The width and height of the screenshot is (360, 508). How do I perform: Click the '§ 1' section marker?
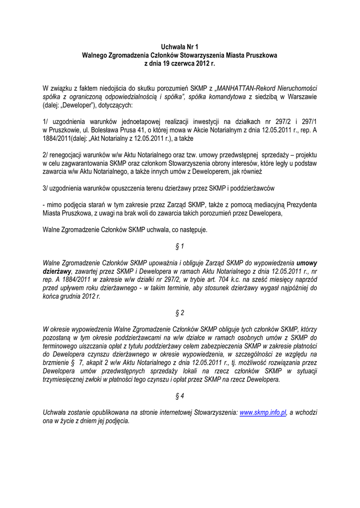(x=180, y=246)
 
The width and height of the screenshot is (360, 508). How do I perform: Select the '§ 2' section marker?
(x=180, y=313)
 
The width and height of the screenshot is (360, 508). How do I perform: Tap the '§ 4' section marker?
(x=180, y=396)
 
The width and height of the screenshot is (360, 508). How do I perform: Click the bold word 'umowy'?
(x=307, y=263)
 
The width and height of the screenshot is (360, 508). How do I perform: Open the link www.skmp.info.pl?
(x=263, y=413)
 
